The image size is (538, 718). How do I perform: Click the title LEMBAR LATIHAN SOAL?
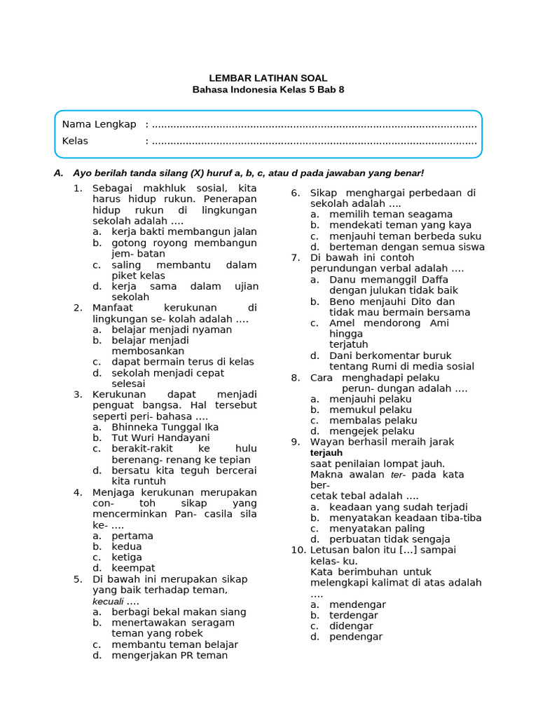tap(268, 79)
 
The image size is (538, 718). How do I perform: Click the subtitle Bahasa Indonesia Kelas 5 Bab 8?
tap(268, 90)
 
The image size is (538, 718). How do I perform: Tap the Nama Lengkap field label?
tap(99, 124)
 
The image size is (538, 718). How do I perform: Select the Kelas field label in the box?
tap(75, 141)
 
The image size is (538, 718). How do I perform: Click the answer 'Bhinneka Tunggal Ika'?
tap(165, 426)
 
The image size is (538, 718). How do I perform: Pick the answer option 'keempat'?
tap(133, 568)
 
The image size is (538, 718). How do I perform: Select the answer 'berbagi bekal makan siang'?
tap(179, 611)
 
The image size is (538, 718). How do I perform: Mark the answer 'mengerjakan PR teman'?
tap(170, 655)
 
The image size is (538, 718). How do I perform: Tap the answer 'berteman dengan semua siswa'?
tap(407, 247)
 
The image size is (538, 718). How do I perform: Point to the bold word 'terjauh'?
tap(326, 453)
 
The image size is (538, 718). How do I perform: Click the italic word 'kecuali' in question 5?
tap(108, 602)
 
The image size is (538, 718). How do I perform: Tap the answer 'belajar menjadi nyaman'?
tap(172, 330)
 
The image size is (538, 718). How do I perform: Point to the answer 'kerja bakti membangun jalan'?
tap(184, 231)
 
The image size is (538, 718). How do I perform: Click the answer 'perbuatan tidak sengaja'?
tap(389, 539)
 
